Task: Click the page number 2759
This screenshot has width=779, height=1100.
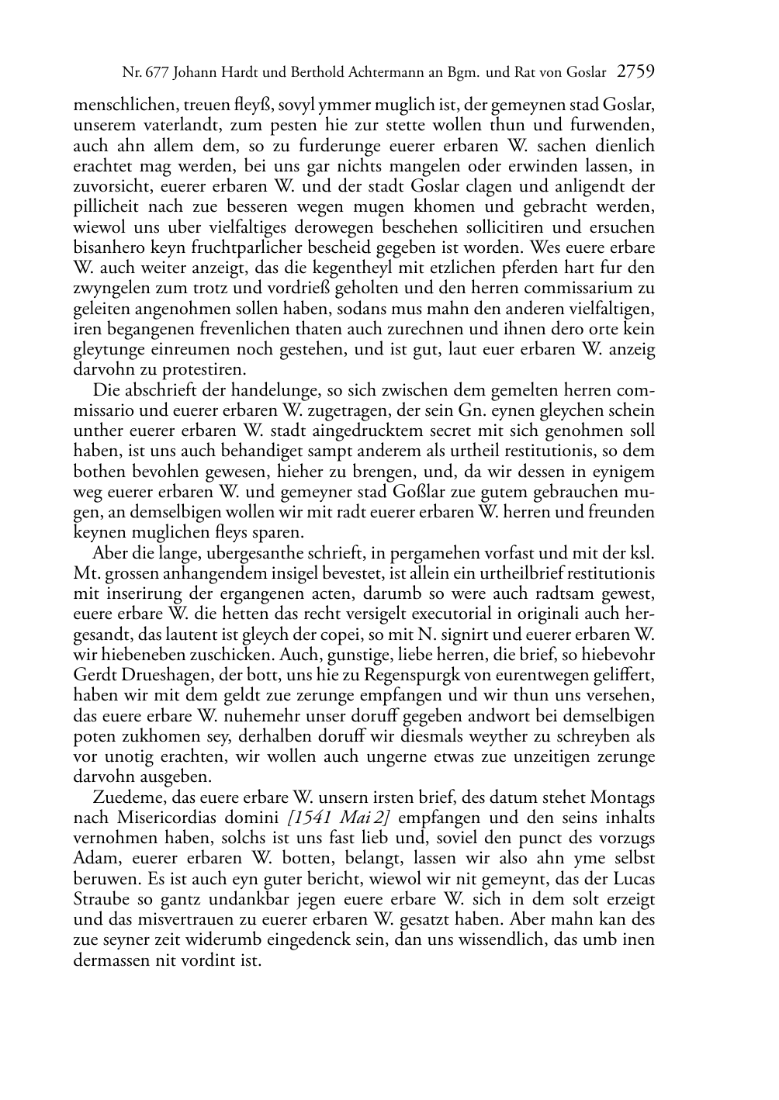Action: [635, 73]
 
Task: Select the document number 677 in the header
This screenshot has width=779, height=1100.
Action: [158, 74]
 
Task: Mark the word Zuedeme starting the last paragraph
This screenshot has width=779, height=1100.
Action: [126, 797]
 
